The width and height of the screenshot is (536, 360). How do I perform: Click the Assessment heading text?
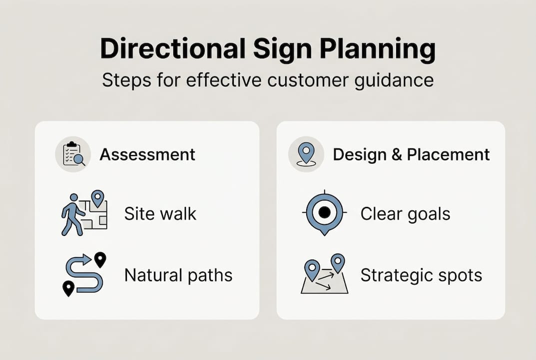[147, 154]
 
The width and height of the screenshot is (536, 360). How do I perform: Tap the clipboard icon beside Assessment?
[73, 154]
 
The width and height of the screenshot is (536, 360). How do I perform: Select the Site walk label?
[160, 214]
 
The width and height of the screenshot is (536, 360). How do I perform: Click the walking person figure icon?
[72, 213]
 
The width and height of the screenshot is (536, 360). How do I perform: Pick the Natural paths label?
[178, 275]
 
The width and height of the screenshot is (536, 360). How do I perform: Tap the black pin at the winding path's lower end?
[68, 288]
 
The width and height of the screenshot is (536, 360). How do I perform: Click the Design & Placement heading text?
[411, 154]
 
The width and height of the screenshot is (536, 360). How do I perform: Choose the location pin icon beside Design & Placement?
[306, 154]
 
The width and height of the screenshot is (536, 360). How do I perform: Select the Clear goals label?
[405, 214]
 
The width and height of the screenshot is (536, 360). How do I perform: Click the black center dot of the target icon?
[324, 212]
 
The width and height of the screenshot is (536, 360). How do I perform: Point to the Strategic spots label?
[421, 275]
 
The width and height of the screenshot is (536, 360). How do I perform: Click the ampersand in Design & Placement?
[397, 154]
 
